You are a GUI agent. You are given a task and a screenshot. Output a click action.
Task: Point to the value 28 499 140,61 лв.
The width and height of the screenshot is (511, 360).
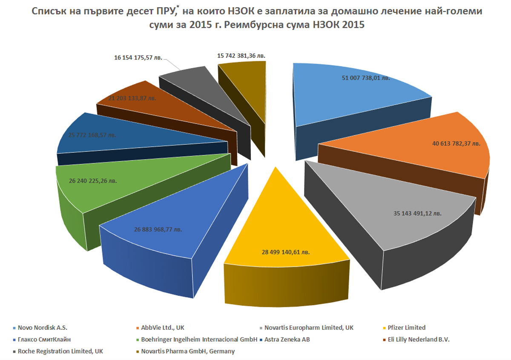283,252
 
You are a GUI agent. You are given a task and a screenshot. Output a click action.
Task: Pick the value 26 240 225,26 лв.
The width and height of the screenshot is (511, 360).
93,180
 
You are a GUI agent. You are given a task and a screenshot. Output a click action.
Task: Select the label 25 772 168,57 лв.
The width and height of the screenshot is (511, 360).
92,135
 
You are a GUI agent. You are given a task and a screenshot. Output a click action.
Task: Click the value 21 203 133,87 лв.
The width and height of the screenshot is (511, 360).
132,98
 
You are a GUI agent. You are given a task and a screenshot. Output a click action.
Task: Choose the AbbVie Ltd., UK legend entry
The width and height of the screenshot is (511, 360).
162,328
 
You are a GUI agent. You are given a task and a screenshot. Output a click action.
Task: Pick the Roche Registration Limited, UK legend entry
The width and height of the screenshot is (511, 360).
60,351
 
